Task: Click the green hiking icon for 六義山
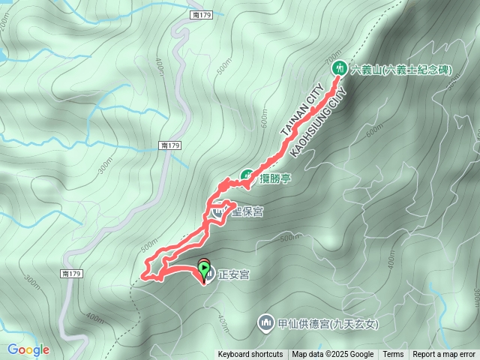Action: click(x=338, y=68)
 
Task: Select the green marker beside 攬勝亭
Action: click(x=246, y=176)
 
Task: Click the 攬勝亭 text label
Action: click(x=276, y=178)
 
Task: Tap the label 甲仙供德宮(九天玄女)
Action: click(x=328, y=324)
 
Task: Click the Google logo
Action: click(x=28, y=349)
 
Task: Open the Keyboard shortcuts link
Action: click(x=250, y=355)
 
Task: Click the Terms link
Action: click(x=393, y=355)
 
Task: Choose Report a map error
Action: click(x=444, y=355)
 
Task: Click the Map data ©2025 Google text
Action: click(x=332, y=355)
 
